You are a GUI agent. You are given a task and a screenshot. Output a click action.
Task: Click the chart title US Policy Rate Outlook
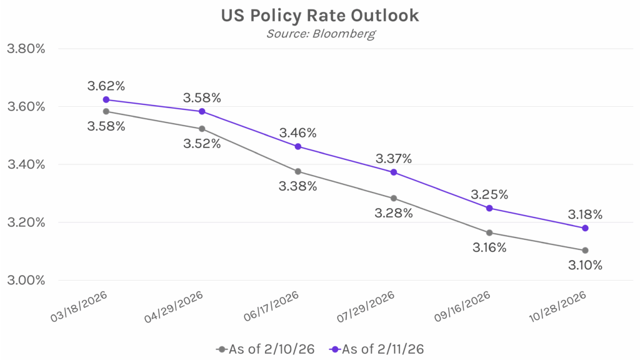coord(320,16)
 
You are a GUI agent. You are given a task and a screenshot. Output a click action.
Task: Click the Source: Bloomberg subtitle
coord(320,34)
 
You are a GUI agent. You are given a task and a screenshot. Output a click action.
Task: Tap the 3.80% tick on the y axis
coord(26,49)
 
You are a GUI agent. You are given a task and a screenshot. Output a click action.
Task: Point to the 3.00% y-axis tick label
coord(26,280)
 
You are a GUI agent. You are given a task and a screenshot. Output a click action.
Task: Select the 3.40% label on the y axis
coord(26,164)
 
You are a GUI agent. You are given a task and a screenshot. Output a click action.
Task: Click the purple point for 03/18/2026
coord(106,99)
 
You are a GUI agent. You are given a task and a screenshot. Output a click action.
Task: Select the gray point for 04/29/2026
coord(202,129)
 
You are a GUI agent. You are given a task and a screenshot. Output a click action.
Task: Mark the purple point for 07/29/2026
coord(394,172)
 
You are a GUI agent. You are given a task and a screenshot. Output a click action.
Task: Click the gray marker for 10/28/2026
coord(585,251)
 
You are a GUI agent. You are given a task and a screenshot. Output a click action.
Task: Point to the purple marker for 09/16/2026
coord(489,208)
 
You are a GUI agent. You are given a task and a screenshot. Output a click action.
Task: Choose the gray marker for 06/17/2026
coord(297,171)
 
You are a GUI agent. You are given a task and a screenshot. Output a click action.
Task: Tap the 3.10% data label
coord(585,266)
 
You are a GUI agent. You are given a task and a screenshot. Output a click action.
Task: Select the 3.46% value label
coord(297,132)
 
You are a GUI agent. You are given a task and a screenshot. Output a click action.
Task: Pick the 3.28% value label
coord(394,213)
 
